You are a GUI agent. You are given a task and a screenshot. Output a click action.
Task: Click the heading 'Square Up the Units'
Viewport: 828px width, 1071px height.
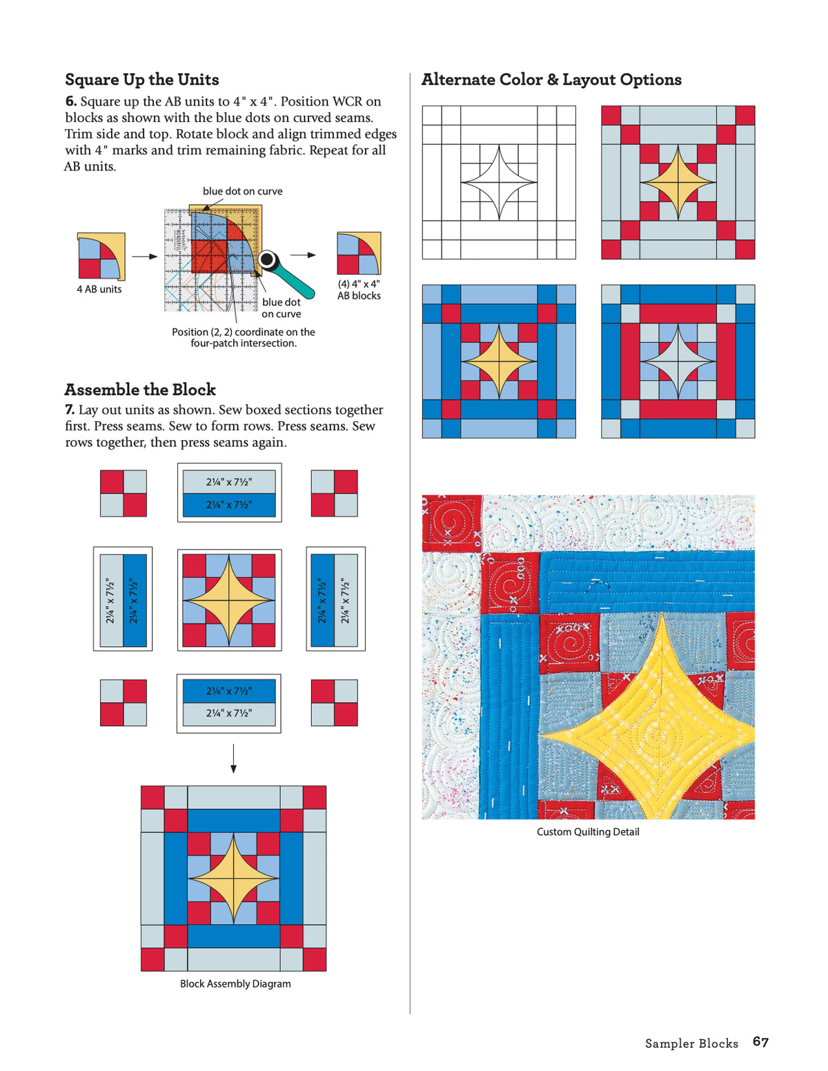click(141, 79)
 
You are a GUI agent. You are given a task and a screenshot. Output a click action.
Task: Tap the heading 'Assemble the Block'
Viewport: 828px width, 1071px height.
click(140, 390)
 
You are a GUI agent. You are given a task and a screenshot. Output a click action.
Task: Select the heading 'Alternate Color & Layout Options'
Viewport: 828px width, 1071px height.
click(551, 79)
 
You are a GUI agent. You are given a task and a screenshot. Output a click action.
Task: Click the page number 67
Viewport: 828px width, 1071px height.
click(760, 1041)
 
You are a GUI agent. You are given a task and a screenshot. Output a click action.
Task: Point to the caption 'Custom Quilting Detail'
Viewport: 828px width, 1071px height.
click(588, 832)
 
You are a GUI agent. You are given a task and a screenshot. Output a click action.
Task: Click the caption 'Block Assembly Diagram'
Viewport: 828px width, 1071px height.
click(235, 983)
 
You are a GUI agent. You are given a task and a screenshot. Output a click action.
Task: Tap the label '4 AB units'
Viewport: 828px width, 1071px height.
click(99, 289)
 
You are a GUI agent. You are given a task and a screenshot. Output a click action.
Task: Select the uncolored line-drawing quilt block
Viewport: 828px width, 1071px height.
click(499, 183)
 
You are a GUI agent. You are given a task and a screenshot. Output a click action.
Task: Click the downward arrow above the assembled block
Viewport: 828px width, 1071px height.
click(234, 759)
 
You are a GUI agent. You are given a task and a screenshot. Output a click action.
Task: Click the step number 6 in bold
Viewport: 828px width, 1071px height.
click(71, 101)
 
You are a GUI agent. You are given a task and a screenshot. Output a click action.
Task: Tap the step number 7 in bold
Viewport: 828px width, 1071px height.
click(70, 410)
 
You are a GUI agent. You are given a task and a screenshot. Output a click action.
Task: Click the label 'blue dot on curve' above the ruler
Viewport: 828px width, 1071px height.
click(242, 191)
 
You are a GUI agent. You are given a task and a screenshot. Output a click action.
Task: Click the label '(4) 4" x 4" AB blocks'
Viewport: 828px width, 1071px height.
click(359, 290)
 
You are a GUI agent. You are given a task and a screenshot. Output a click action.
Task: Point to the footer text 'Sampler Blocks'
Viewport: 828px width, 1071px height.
click(691, 1043)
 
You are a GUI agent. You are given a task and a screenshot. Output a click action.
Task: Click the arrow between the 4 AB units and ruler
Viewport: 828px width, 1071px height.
click(144, 257)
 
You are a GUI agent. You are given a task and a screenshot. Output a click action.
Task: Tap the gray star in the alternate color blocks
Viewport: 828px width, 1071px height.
click(678, 361)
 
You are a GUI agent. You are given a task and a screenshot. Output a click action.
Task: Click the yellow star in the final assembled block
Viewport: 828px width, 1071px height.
click(234, 879)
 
